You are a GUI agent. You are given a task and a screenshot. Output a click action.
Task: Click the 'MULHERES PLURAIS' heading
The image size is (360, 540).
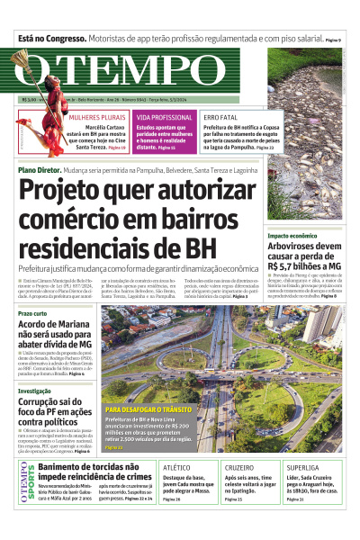[x=97, y=117]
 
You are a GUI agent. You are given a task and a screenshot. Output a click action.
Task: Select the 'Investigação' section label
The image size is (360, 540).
[x=34, y=390]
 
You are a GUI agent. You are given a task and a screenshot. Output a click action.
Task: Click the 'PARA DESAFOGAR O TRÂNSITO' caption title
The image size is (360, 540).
[x=144, y=409]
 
